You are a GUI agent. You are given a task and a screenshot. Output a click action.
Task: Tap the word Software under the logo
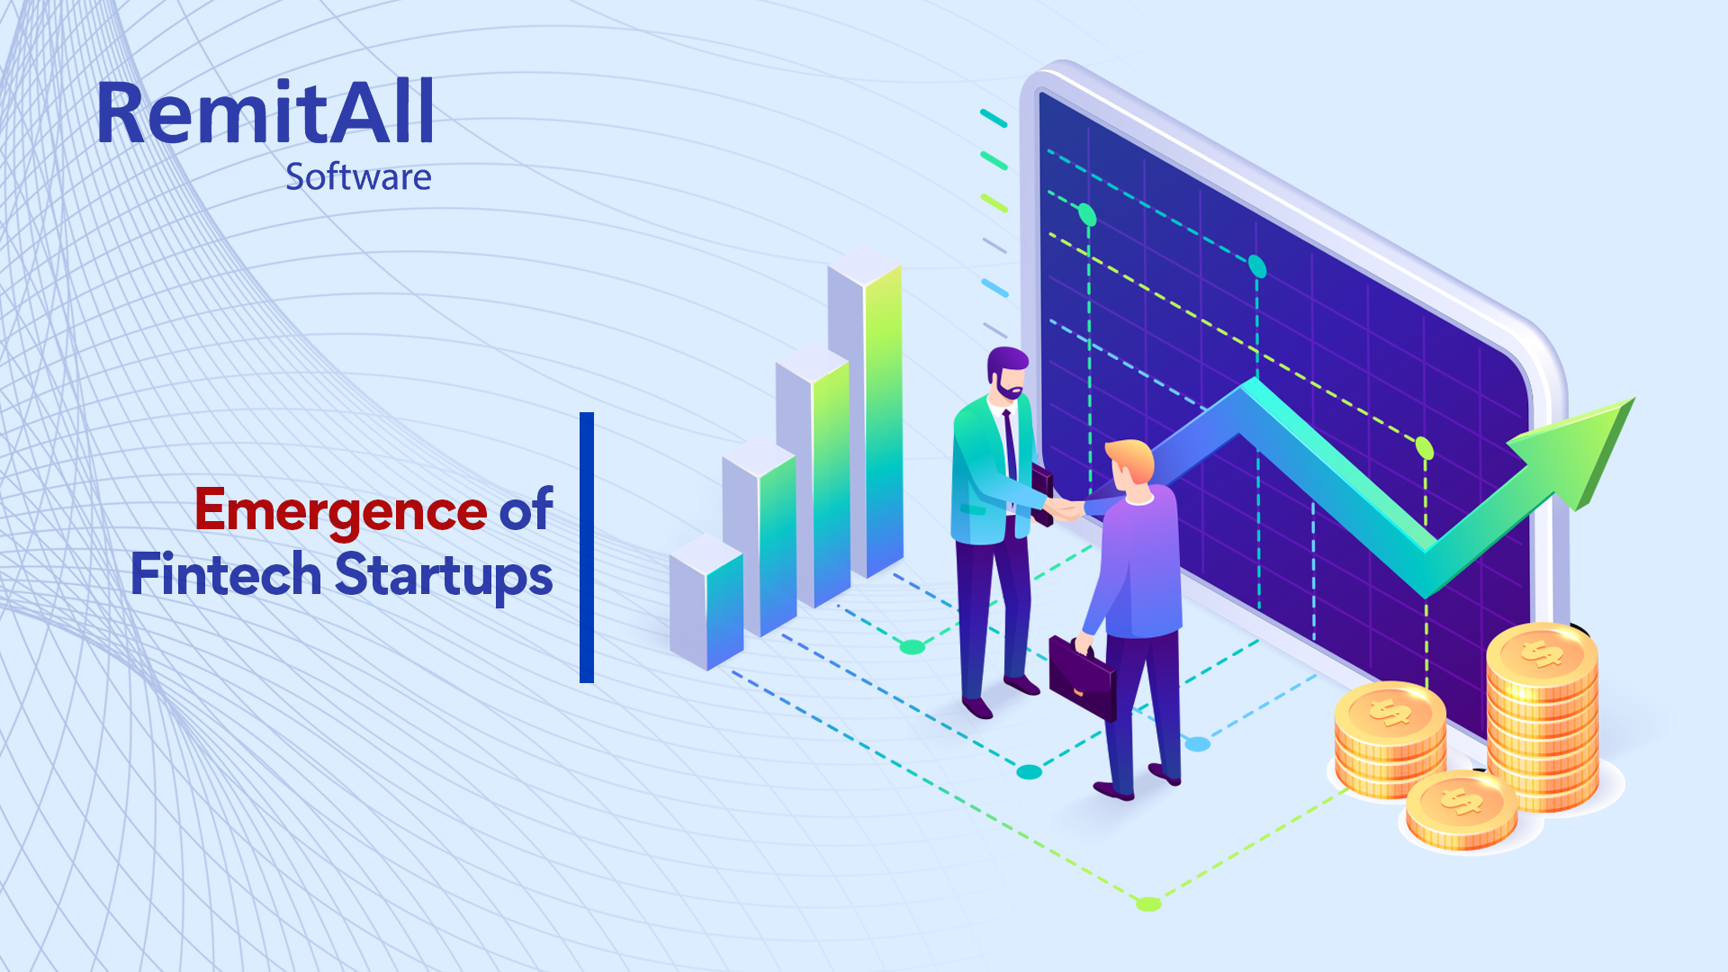click(x=358, y=177)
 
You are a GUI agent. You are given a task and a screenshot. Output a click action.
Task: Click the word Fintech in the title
click(x=226, y=574)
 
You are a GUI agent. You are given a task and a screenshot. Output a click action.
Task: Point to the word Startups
click(x=444, y=577)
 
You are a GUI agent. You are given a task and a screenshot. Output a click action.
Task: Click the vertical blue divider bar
click(x=587, y=547)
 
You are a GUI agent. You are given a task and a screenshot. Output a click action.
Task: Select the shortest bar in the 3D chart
click(x=706, y=602)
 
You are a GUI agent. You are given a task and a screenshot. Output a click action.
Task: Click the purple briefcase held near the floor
click(x=1083, y=675)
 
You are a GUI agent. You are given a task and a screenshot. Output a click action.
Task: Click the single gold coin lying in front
click(x=1462, y=810)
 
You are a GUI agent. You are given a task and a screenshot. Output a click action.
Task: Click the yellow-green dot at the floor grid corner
click(x=1148, y=904)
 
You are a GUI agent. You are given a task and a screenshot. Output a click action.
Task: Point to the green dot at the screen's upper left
click(x=1087, y=215)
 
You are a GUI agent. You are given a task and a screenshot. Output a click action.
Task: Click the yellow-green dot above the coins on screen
click(x=1425, y=447)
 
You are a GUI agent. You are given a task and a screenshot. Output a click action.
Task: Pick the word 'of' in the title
click(x=526, y=510)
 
